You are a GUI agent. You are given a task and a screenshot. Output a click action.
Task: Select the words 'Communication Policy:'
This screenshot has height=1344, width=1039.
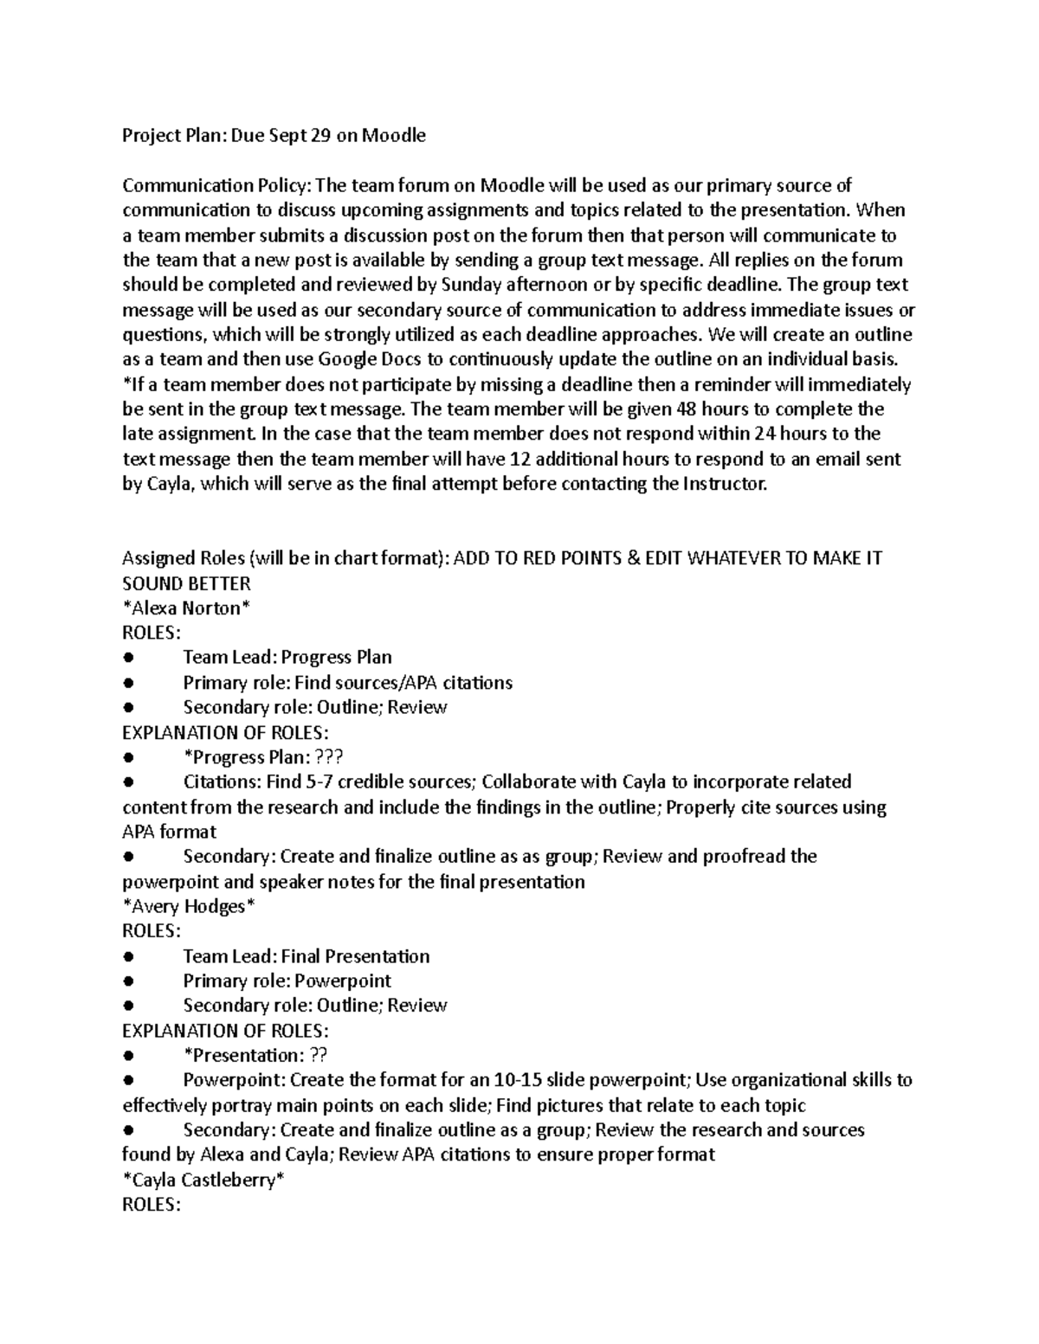216,185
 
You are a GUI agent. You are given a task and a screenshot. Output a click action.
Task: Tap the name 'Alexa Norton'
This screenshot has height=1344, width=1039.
187,608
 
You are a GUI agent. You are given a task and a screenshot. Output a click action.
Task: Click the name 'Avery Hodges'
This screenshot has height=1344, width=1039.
190,907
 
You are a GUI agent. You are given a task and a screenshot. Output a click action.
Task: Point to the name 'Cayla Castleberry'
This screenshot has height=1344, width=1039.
203,1180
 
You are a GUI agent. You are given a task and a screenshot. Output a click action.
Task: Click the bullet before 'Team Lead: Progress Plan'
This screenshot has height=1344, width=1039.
128,659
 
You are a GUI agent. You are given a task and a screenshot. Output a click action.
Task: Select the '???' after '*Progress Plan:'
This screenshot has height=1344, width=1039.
329,758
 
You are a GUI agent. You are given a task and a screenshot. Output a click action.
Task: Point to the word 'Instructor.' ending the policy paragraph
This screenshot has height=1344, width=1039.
725,485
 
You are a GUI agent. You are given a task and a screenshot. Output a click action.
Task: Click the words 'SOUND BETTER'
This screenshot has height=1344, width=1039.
186,584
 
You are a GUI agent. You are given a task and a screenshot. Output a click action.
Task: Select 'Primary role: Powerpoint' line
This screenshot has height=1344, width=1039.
287,981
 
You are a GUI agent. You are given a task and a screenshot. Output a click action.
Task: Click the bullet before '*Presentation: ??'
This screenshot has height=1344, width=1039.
128,1057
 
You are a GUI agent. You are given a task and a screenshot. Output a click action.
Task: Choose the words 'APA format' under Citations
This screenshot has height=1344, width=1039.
169,833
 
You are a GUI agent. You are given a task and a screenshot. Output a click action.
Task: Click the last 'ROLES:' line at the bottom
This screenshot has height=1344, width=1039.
152,1206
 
